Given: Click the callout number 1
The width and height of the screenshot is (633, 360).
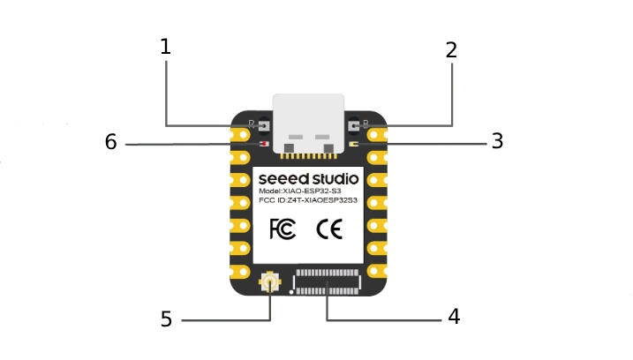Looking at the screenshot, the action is point(165,47).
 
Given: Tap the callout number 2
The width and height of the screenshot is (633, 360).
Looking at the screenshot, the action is point(451,50).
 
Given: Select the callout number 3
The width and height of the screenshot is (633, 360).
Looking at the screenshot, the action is point(497,141).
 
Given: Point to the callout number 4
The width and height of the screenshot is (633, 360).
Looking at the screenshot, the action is point(454,317).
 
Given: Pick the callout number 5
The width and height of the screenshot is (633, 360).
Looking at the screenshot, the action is point(166,319).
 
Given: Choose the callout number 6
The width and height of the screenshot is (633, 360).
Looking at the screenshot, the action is point(110,142).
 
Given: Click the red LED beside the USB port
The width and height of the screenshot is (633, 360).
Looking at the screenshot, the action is point(264,144).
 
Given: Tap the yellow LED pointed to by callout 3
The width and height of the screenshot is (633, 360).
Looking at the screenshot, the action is point(354,144).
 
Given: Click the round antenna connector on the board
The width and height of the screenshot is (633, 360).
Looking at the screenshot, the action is point(269,281).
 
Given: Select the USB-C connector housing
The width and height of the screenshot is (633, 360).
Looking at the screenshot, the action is point(308,124).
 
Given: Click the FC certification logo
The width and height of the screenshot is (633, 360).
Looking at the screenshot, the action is point(283,229).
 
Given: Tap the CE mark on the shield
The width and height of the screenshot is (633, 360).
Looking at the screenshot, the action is point(329,229).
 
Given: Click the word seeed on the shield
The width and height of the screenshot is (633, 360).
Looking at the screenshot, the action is point(283,179).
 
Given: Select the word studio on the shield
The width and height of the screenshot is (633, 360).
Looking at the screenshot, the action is point(335,178).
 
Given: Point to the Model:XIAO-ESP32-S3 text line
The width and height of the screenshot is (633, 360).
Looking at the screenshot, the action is point(300,191).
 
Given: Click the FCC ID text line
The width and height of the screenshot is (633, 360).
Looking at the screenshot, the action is point(308,200).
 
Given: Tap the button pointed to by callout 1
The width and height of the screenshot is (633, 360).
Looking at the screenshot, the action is point(264,125).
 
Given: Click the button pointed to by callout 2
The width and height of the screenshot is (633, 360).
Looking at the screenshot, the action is point(353,125).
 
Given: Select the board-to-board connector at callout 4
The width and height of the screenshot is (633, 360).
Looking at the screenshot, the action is point(327,282).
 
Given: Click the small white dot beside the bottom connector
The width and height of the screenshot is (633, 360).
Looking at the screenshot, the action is point(291,291).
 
